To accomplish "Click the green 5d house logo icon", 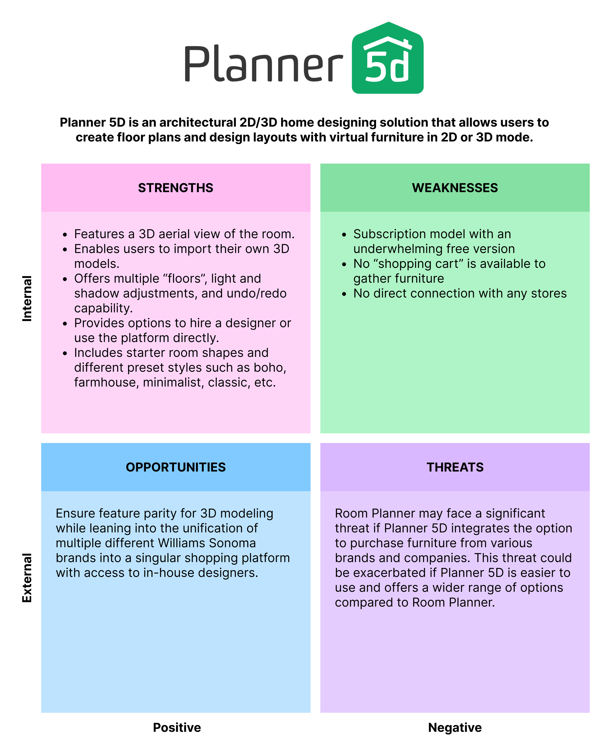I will tap(387, 58).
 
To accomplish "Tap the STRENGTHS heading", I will tap(175, 188).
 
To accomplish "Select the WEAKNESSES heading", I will tap(455, 188).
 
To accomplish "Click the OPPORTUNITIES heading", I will tap(175, 467).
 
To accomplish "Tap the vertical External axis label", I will tap(27, 578).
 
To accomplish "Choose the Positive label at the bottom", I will tap(177, 727).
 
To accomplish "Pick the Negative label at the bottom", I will tap(455, 727).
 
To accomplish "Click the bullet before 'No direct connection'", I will tap(344, 294).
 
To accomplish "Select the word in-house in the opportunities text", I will tap(168, 573).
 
